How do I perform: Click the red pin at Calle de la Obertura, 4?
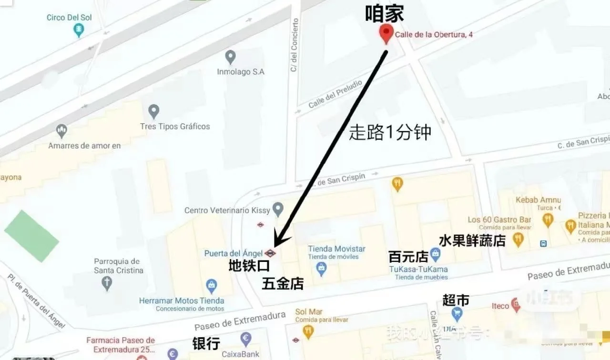point(386,34)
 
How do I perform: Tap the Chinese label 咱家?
point(385,14)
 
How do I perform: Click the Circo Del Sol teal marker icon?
point(79,30)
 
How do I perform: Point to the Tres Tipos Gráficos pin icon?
point(153,111)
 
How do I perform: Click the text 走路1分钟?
point(390,132)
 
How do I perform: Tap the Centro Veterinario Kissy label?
point(227,210)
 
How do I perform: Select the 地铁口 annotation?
point(249,266)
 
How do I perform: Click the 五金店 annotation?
point(283,284)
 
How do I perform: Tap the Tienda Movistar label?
point(336,249)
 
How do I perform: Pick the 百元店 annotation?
point(408,257)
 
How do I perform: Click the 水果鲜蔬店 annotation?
point(472,240)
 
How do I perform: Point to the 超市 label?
point(456,300)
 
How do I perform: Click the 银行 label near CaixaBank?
point(206,344)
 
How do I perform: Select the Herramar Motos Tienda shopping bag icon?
point(212,286)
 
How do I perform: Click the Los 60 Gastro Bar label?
point(499,220)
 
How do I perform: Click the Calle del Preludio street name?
point(335,94)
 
